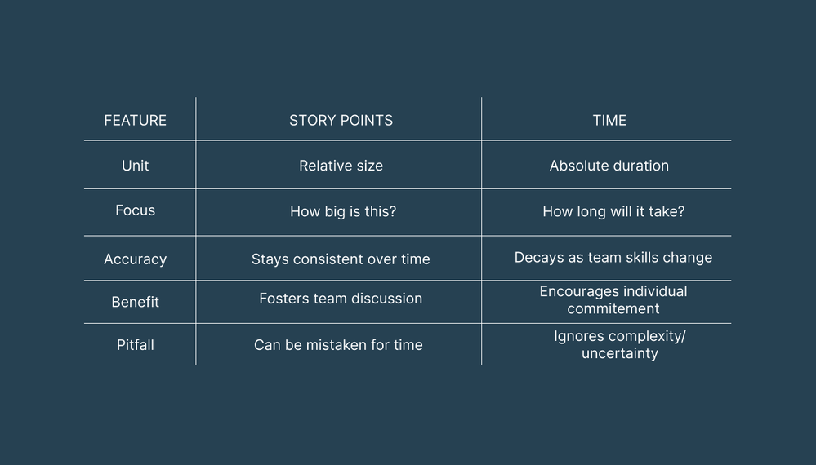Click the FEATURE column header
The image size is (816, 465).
coord(135,121)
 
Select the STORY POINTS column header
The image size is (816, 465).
coord(341,121)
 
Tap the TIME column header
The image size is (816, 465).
coord(609,121)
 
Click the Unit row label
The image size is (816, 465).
coord(135,166)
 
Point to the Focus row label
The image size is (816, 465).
coord(135,210)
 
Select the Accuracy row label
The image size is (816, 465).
coord(135,259)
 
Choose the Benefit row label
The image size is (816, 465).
coord(135,302)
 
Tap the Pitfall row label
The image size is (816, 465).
coord(135,345)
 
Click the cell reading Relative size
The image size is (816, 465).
coord(341,166)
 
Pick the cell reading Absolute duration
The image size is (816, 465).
coord(609,166)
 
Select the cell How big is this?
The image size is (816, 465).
coord(343,212)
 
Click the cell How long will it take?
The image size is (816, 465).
coord(613,212)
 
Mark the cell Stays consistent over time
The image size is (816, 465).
coord(341,259)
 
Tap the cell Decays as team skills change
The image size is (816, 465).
coord(613,258)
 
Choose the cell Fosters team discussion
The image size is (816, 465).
coord(341,299)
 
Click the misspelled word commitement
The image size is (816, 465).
coord(613,309)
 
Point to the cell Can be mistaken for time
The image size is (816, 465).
coord(338,345)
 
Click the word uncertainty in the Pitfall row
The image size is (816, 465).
coord(619,354)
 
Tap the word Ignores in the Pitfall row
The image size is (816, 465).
coord(578,336)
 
